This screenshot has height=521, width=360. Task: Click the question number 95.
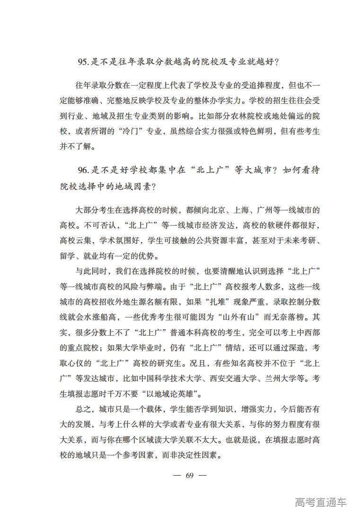[83, 62]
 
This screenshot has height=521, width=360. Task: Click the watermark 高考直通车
[320, 502]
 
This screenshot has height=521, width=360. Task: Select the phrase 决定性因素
[195, 455]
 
